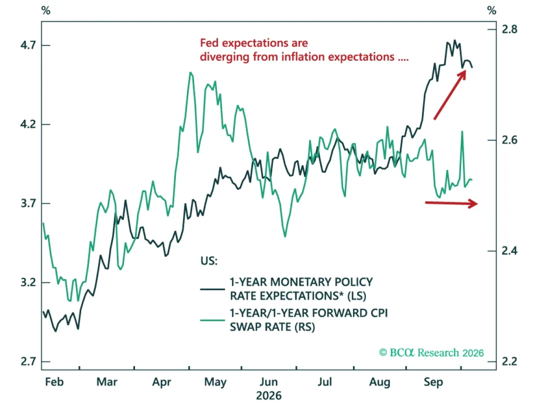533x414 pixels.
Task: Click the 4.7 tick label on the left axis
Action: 28,45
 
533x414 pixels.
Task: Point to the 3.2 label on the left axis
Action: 28,283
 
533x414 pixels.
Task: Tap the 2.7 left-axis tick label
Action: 28,362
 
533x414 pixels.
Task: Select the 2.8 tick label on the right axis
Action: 509,29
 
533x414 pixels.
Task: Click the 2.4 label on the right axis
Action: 509,251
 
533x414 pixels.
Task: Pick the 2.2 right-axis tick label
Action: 509,362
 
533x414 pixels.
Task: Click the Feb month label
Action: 55,382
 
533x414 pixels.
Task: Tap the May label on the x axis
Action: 215,382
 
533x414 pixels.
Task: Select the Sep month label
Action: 434,382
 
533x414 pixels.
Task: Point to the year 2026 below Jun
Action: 269,396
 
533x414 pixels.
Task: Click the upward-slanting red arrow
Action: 449,95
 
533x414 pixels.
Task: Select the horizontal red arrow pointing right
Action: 451,203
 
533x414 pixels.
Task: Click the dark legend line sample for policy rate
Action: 212,289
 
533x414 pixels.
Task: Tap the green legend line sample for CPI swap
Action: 212,320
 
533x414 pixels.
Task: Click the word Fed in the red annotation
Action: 209,43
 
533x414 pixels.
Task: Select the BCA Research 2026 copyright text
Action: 431,353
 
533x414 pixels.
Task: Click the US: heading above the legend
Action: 209,261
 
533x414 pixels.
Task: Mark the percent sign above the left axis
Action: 46,11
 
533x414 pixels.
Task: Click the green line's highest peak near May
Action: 191,72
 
